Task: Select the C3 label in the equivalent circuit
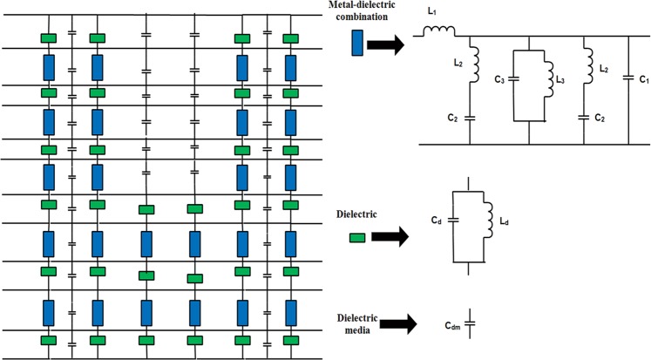click(501, 82)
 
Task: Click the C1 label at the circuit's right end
click(643, 79)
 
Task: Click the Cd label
click(437, 221)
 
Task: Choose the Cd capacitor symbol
click(454, 223)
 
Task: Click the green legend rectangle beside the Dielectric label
click(356, 237)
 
